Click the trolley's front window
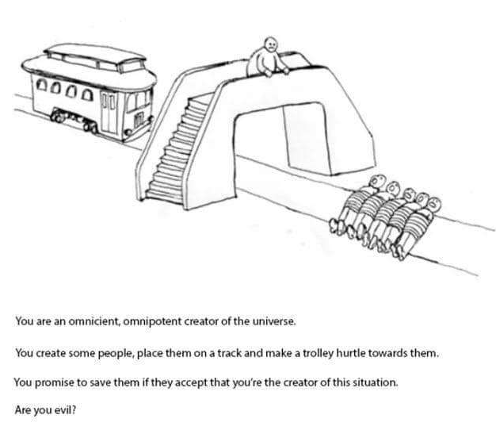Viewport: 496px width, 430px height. coord(138,101)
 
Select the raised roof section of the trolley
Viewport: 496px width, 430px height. coord(95,57)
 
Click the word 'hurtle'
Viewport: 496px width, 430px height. coord(352,352)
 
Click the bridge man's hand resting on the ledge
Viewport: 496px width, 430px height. coord(286,71)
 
